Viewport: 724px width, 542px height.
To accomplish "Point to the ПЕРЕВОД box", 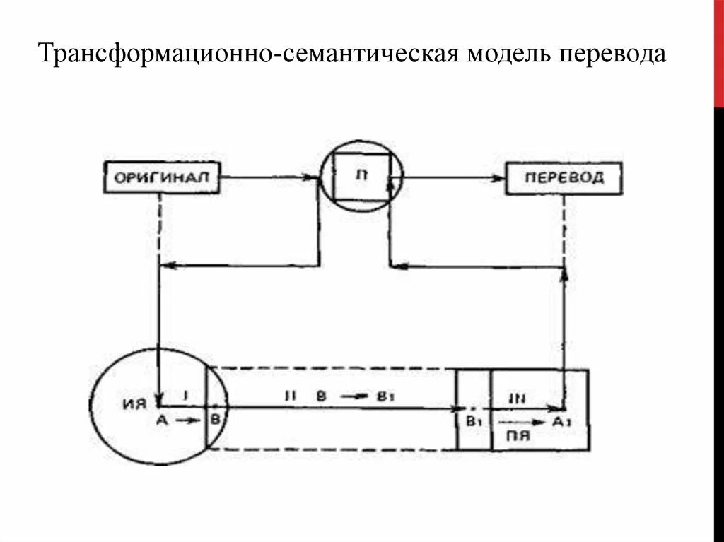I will tap(564, 177).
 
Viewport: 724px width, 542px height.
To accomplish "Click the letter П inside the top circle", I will tap(362, 176).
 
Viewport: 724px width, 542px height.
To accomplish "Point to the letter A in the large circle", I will tap(160, 420).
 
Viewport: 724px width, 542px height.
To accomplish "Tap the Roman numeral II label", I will tap(289, 396).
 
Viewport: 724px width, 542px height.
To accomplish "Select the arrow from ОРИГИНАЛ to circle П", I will tap(269, 177).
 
